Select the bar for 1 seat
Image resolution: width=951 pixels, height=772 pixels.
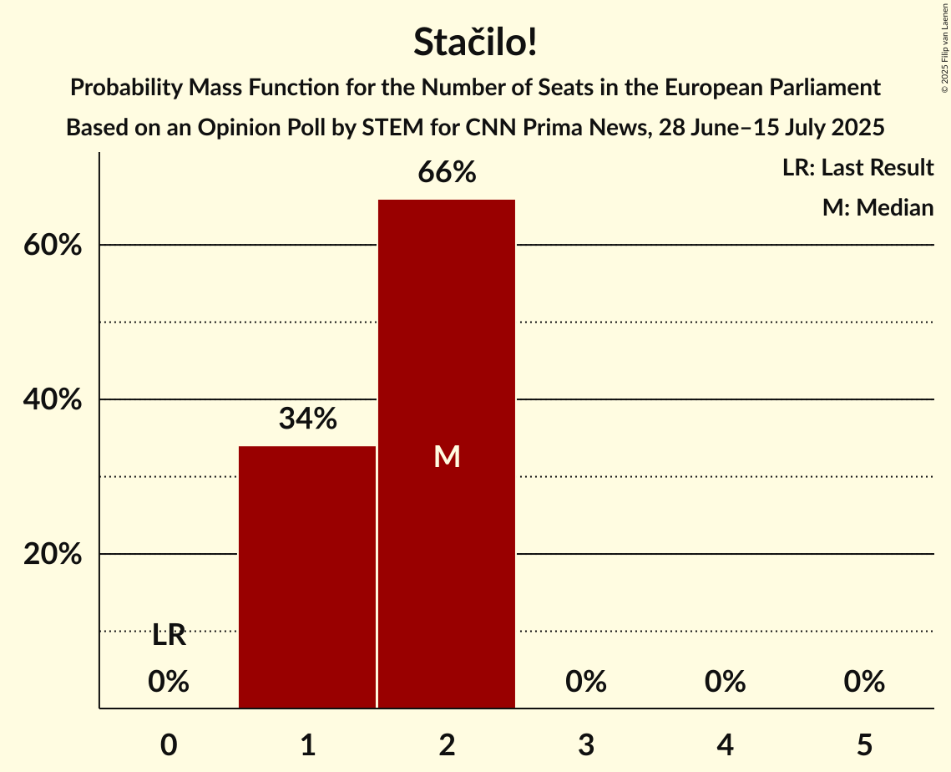click(x=307, y=576)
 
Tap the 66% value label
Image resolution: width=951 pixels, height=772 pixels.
click(x=447, y=173)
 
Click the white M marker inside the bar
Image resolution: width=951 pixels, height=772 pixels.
click(x=447, y=456)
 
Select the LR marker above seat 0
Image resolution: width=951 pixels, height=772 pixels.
click(x=169, y=636)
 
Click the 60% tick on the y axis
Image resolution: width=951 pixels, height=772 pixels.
click(x=52, y=246)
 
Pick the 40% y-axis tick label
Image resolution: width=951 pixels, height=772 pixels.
click(x=52, y=400)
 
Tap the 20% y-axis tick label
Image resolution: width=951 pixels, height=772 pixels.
click(x=52, y=555)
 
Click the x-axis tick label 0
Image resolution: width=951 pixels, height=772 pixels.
click(x=169, y=744)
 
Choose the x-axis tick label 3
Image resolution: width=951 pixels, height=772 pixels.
click(x=585, y=744)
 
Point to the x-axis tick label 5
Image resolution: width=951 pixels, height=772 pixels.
click(x=863, y=744)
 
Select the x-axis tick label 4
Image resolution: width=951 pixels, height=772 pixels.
click(x=725, y=744)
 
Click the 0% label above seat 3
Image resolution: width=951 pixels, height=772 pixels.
click(x=585, y=683)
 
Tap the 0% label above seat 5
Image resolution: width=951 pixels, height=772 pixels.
click(x=863, y=683)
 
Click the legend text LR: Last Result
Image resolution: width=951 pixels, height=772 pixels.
click(x=857, y=168)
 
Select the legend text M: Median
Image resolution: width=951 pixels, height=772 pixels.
click(x=878, y=208)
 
